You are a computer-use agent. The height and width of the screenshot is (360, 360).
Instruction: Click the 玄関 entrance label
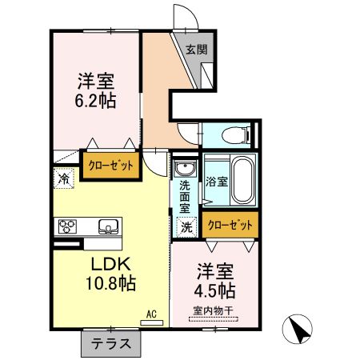tap(197, 49)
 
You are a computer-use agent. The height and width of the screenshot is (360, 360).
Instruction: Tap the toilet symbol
tap(233, 134)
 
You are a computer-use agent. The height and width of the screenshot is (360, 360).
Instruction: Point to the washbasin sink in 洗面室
tap(185, 170)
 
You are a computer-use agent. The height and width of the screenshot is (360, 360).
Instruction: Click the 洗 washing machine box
tap(186, 226)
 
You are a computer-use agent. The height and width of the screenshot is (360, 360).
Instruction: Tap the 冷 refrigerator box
tap(62, 179)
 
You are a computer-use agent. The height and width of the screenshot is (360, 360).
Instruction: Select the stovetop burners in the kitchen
tap(66, 226)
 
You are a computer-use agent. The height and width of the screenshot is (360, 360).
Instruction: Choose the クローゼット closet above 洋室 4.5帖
tap(230, 225)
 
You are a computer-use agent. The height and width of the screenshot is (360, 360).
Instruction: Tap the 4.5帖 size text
tap(215, 289)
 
